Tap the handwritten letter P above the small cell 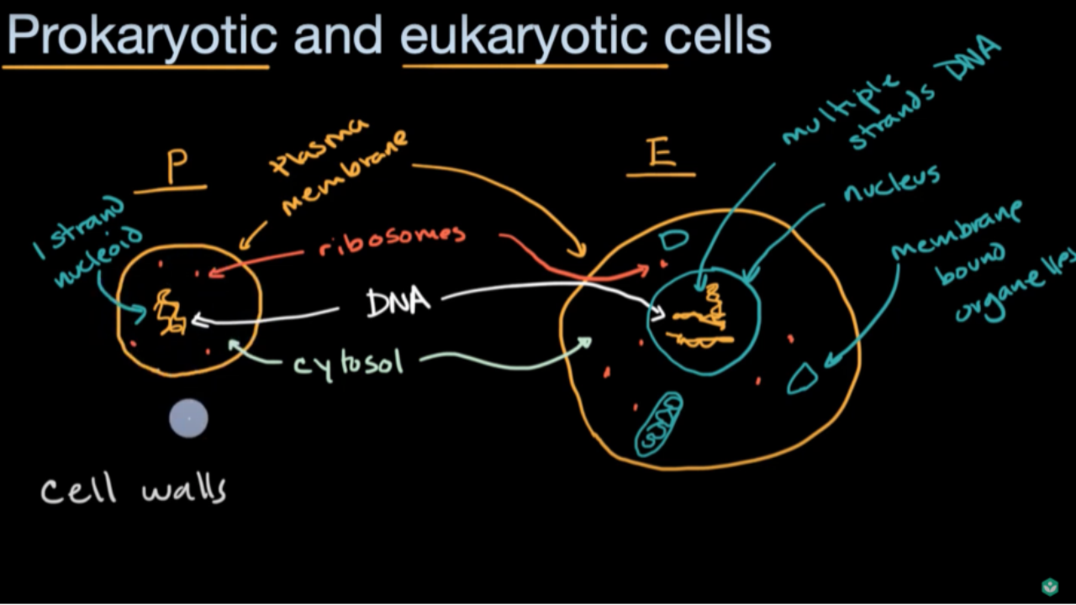pyautogui.click(x=177, y=166)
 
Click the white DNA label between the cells pyautogui.click(x=398, y=302)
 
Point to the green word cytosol pyautogui.click(x=349, y=366)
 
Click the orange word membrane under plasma pyautogui.click(x=345, y=174)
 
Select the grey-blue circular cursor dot pyautogui.click(x=189, y=418)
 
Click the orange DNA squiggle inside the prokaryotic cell pyautogui.click(x=170, y=312)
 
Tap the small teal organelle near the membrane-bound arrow pyautogui.click(x=803, y=378)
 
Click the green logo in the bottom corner pyautogui.click(x=1050, y=587)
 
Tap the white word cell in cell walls pyautogui.click(x=79, y=490)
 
